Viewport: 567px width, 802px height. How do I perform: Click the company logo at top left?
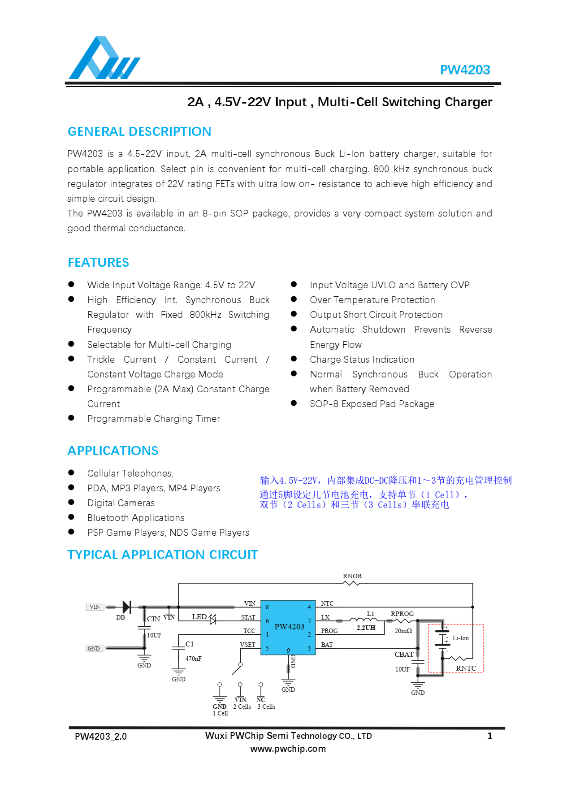pos(104,58)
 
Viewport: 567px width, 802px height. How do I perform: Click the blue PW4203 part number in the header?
pos(465,70)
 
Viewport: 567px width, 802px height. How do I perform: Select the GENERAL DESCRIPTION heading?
pos(139,131)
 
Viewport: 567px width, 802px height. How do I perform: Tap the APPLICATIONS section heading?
pos(113,451)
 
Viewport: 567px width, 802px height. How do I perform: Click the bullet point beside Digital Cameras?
pos(71,503)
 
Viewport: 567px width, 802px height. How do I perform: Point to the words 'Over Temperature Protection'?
pos(372,300)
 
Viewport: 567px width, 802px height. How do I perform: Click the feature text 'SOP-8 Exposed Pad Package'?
pos(372,404)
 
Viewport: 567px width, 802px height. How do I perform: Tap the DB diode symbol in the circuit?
pos(126,607)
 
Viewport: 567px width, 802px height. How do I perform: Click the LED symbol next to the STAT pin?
pos(212,620)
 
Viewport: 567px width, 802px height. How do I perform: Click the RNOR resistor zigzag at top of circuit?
pos(352,583)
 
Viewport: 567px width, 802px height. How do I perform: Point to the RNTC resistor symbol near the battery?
pos(458,659)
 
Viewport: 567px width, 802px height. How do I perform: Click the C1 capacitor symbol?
pos(179,648)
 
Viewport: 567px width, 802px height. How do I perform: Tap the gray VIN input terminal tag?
pos(95,607)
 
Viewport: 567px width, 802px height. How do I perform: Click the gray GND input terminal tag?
pos(95,648)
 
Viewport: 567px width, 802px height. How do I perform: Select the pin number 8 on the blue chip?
pos(267,607)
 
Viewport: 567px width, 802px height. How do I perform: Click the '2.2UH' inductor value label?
pos(366,628)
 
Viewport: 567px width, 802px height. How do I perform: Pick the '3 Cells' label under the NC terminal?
pos(266,707)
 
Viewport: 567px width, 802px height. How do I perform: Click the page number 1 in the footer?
pos(489,736)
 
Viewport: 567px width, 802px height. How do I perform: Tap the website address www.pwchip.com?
pos(288,749)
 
